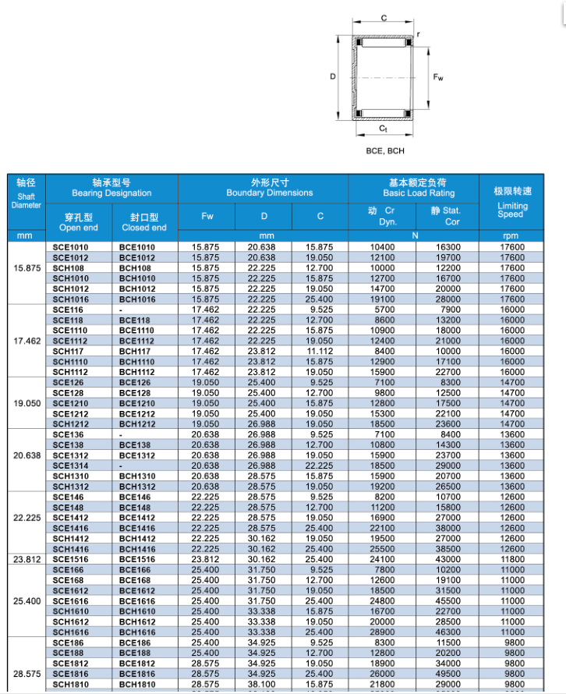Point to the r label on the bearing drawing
pos(419,34)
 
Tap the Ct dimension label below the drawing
pos(383,127)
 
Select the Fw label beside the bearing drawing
pos(439,77)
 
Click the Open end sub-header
pos(79,222)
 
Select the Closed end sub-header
pos(144,222)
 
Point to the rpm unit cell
pos(511,235)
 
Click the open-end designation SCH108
pos(69,267)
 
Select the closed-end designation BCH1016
pos(136,299)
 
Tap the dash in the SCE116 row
pos(121,310)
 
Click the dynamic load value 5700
pos(383,310)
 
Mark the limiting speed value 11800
pos(511,558)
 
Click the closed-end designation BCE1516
pos(136,558)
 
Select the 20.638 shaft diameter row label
pos(27,455)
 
